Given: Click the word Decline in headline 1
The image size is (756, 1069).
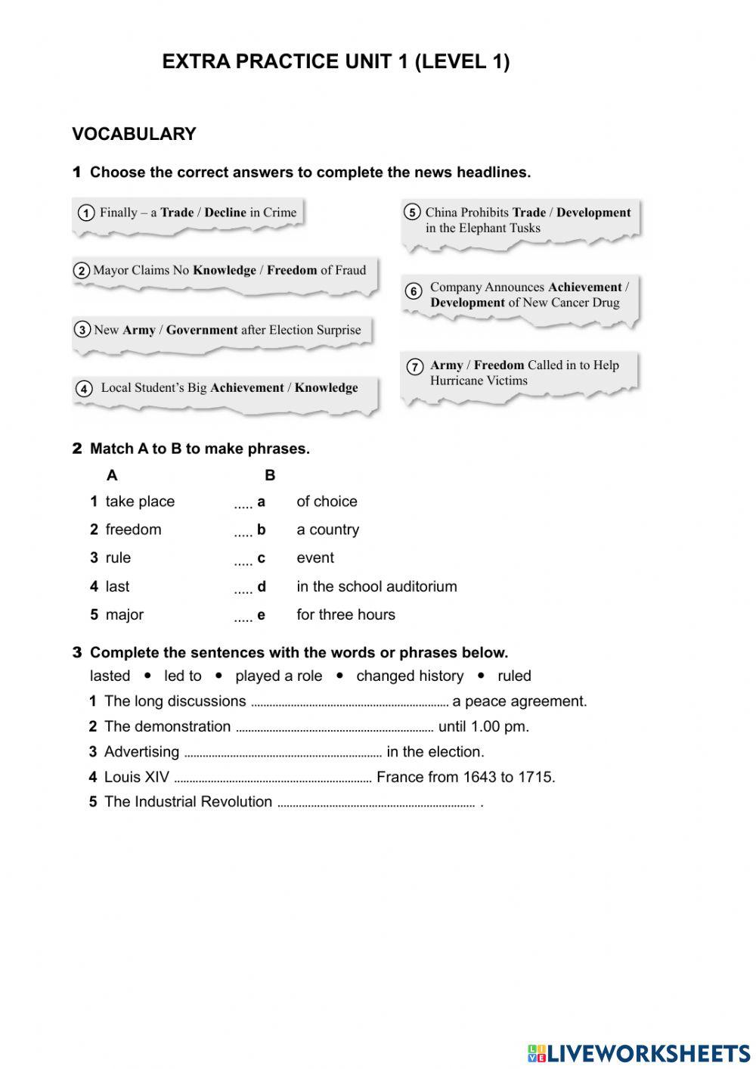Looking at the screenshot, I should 225,213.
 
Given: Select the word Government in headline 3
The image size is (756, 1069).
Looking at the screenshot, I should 202,330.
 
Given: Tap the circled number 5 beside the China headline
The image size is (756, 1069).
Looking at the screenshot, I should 411,213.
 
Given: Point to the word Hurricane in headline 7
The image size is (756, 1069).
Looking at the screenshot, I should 458,381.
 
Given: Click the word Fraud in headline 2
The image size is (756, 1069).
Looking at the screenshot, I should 350,270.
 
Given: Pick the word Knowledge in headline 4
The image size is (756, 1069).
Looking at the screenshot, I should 326,388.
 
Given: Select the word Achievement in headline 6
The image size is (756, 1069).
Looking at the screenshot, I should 584,287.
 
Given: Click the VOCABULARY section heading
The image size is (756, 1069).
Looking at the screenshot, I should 134,134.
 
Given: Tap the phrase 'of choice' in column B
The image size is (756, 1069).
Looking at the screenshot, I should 327,502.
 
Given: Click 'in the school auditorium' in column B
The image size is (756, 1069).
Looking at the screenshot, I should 376,586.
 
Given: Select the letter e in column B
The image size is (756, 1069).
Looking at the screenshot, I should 261,615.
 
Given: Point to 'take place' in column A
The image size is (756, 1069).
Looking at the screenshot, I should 140,502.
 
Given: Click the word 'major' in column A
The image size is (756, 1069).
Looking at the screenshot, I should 125,615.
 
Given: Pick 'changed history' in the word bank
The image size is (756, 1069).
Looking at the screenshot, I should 410,676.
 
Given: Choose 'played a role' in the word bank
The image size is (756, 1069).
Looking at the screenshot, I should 278,676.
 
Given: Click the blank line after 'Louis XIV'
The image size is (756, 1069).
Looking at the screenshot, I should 273,779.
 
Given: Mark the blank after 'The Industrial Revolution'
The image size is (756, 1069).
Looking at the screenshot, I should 376,804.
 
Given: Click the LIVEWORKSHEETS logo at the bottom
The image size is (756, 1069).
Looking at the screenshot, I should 639,1053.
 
